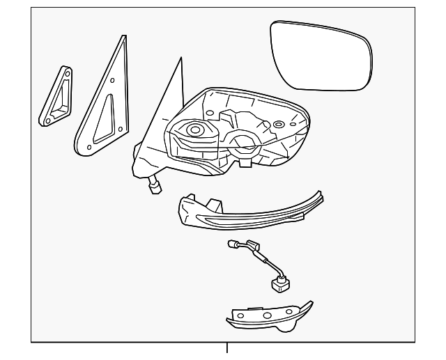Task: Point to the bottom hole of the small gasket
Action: (x=47, y=120)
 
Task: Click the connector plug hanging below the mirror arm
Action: (x=154, y=187)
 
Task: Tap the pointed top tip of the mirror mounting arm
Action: (x=180, y=61)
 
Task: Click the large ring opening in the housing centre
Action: (x=241, y=143)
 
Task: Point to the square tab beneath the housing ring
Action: (x=245, y=164)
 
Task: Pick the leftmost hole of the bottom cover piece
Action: (x=241, y=315)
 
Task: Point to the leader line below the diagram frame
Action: (x=226, y=351)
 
